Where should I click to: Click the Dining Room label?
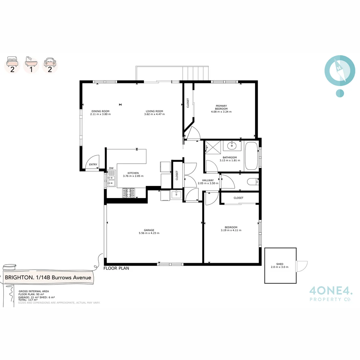click(x=100, y=111)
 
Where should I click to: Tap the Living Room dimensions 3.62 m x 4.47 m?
click(x=154, y=114)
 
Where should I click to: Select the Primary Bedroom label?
click(x=221, y=107)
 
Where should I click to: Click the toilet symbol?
click(x=252, y=182)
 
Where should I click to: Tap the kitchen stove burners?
click(x=129, y=193)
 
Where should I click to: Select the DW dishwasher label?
click(x=111, y=168)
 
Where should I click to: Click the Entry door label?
click(x=93, y=164)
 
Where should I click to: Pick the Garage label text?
click(x=149, y=230)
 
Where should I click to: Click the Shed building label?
click(x=280, y=264)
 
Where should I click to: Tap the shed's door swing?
click(x=302, y=266)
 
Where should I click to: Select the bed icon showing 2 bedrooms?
click(x=12, y=61)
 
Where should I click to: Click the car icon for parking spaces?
click(x=50, y=61)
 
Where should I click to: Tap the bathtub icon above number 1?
click(x=31, y=61)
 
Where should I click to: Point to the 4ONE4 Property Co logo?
click(x=330, y=294)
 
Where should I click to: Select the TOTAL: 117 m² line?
click(x=28, y=300)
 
